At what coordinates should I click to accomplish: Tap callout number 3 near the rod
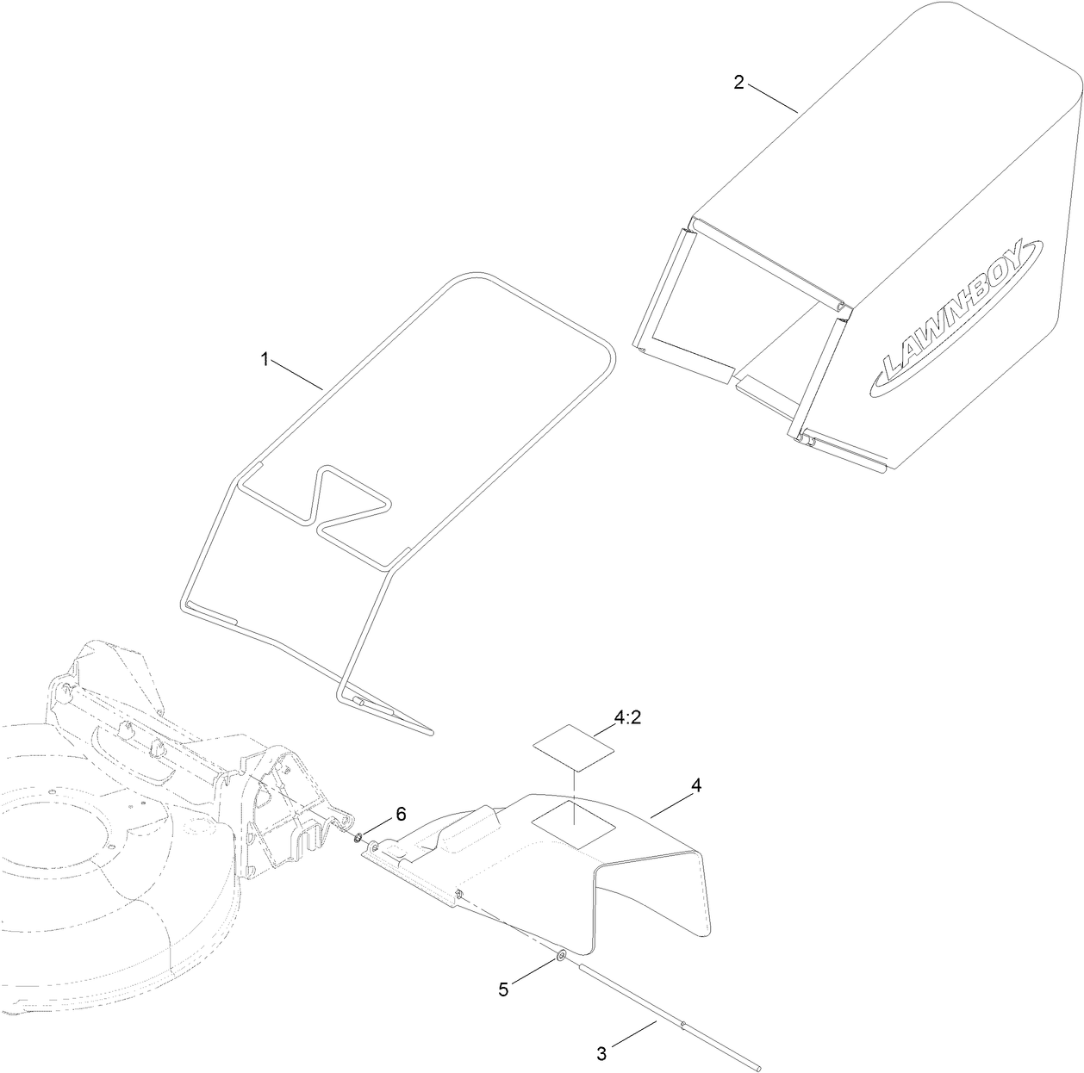[601, 1052]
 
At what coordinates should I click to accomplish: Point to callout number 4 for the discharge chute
[696, 785]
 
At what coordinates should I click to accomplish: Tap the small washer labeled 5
[561, 955]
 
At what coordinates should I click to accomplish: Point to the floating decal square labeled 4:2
[573, 744]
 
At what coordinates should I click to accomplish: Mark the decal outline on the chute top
[573, 822]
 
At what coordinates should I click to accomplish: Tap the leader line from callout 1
[298, 376]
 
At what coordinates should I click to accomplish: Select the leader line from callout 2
[772, 98]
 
